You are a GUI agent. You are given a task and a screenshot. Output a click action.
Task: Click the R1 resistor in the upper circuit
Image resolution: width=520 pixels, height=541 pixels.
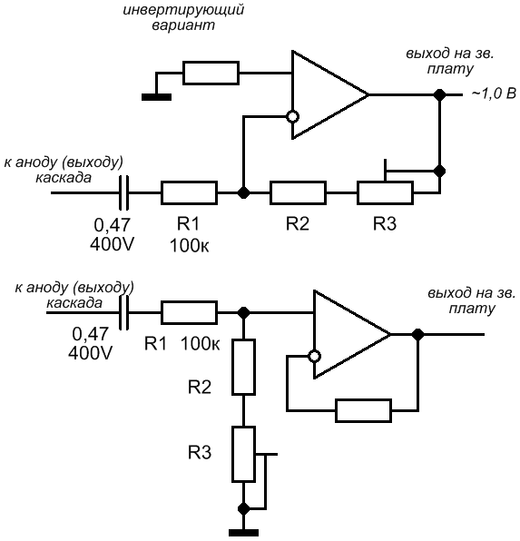(x=189, y=192)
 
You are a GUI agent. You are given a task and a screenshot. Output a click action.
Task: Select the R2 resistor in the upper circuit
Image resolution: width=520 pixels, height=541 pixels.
(x=299, y=192)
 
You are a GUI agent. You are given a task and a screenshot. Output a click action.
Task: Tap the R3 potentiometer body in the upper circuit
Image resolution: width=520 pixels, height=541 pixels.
(x=385, y=192)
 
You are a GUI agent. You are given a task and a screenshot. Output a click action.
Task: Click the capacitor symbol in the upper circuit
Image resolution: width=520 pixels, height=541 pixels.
(x=124, y=192)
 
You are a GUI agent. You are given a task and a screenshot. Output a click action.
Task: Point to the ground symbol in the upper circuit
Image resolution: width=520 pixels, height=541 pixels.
(x=156, y=97)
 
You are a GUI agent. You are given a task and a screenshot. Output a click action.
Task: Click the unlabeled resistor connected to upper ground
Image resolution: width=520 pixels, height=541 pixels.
(x=211, y=73)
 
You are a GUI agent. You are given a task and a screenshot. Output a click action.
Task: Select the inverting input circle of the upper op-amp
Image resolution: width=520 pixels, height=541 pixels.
(x=292, y=117)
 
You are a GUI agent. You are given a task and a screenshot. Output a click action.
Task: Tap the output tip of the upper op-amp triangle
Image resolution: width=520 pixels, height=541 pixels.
(x=368, y=94)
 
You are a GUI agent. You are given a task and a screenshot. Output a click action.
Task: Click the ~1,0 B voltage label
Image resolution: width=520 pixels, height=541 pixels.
(x=494, y=93)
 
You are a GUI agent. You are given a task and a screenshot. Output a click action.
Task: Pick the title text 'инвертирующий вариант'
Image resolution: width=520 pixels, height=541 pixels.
(x=183, y=17)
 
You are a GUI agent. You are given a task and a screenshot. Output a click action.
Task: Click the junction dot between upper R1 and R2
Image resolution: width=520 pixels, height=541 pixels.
(x=243, y=192)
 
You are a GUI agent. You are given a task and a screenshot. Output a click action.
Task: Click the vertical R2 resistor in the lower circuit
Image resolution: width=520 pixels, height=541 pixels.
(x=243, y=367)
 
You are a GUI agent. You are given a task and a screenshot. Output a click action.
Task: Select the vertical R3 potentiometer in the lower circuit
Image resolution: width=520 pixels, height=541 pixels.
(x=243, y=454)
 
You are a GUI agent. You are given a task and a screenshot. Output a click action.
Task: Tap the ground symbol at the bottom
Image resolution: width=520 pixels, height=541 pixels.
(x=243, y=533)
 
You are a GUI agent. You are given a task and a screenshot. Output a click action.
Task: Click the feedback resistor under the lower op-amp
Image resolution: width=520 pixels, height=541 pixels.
(x=363, y=410)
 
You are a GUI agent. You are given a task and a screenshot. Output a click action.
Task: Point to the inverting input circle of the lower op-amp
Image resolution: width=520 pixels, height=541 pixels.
(x=314, y=356)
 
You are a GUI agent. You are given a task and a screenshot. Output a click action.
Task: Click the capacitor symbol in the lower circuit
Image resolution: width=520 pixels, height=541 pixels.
(x=124, y=312)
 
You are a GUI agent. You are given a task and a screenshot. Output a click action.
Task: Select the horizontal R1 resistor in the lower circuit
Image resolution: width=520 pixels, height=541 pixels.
(x=189, y=312)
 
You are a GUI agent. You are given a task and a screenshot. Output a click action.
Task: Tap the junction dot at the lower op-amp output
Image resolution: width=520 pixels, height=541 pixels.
(x=417, y=334)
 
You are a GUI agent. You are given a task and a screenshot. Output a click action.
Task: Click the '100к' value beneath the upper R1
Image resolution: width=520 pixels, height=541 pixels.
(x=190, y=246)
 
